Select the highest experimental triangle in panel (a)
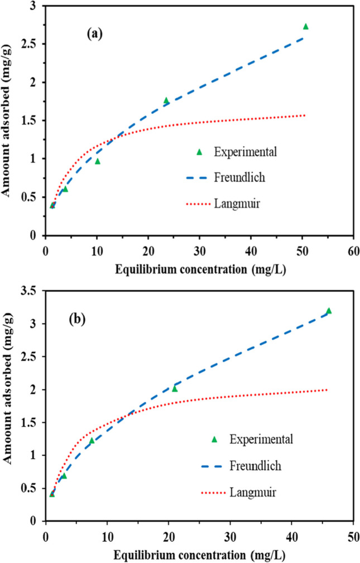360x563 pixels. [305, 26]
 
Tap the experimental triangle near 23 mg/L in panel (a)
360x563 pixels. [166, 100]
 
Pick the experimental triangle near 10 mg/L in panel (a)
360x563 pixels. [97, 161]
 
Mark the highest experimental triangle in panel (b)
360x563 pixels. [329, 311]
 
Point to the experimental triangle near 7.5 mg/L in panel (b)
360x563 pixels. [92, 441]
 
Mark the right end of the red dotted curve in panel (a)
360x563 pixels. [305, 116]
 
